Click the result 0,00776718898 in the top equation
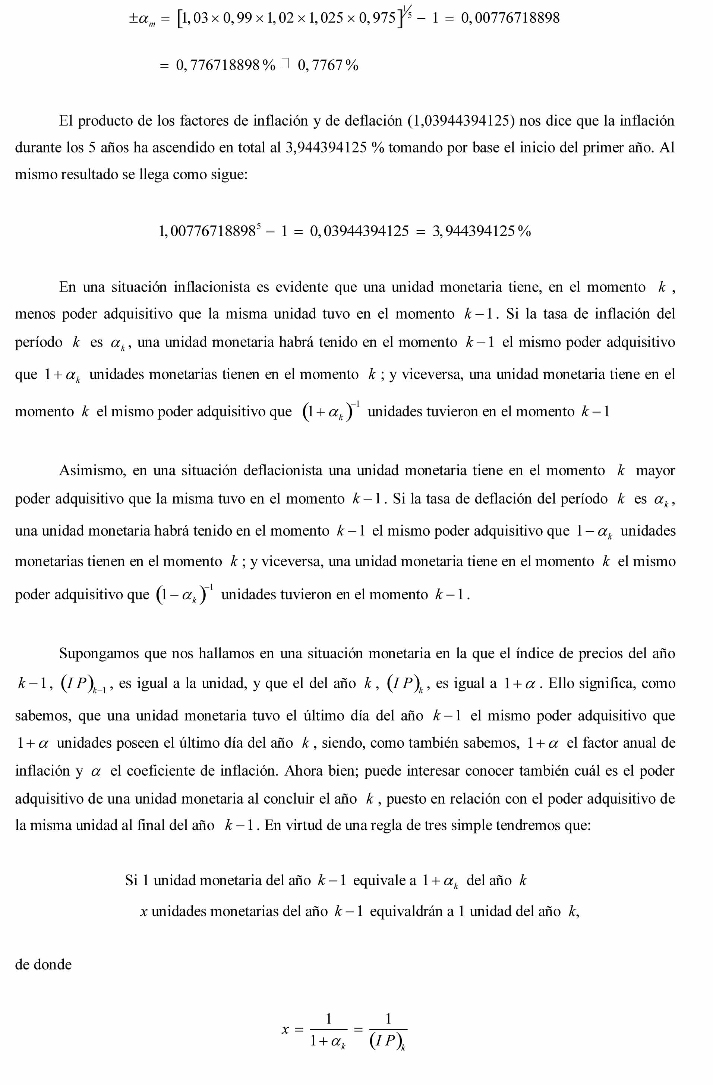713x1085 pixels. click(510, 18)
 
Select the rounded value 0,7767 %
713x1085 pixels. click(328, 66)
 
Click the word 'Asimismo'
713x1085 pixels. click(92, 470)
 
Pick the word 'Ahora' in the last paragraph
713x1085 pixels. click(302, 770)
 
